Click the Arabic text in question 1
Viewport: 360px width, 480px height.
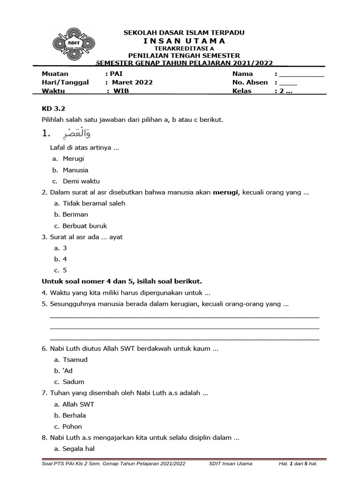pos(73,135)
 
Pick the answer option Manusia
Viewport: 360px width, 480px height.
pos(75,170)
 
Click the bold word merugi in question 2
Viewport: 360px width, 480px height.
pos(226,192)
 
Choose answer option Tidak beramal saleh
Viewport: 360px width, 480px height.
pos(94,203)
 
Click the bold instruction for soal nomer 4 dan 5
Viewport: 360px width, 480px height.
pos(122,281)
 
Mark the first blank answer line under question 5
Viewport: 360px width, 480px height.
pos(184,317)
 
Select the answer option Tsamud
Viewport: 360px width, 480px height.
pos(75,360)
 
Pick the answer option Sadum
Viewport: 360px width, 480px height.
pos(74,382)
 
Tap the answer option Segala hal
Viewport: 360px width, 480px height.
pos(79,449)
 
